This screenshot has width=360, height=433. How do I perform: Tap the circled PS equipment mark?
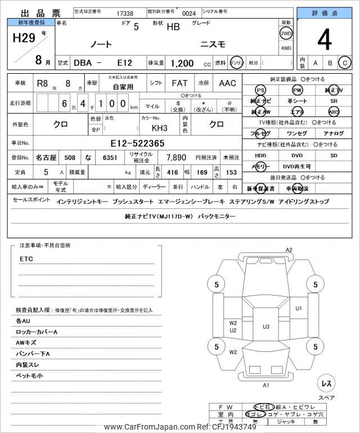[x=260, y=90]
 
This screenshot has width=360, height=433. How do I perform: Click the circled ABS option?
[x=334, y=111]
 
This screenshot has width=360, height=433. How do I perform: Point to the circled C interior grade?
[x=344, y=63]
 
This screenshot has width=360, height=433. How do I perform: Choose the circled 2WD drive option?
[x=286, y=33]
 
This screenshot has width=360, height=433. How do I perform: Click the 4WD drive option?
[x=286, y=48]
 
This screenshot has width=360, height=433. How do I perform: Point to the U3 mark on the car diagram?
[x=266, y=326]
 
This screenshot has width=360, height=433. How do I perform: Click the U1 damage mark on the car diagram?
[x=299, y=308]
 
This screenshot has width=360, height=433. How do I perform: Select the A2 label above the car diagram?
[x=289, y=249]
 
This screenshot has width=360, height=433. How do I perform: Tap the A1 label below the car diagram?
[x=266, y=385]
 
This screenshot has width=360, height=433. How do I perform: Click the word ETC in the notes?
[x=26, y=259]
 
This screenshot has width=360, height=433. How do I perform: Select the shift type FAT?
[x=179, y=83]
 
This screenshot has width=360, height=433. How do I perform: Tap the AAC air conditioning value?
[x=227, y=83]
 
